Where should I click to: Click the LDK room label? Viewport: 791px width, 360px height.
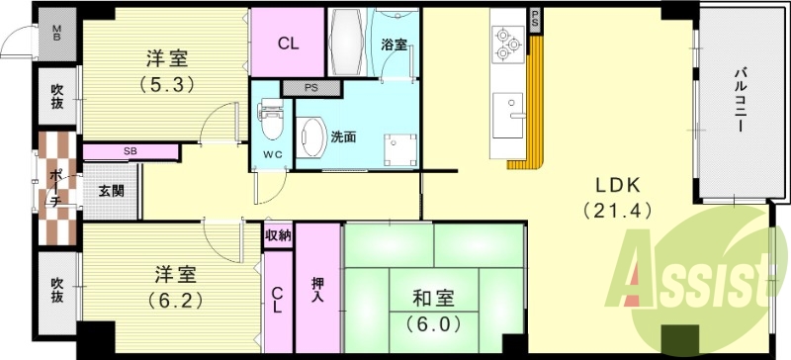pyautogui.click(x=618, y=185)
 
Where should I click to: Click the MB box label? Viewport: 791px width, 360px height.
pyautogui.click(x=56, y=34)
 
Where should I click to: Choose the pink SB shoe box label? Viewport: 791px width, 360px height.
pyautogui.click(x=131, y=151)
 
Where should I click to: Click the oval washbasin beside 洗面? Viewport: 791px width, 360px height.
pyautogui.click(x=311, y=138)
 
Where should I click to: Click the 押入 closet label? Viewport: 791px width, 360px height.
pyautogui.click(x=317, y=290)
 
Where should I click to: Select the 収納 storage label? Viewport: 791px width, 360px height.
pyautogui.click(x=278, y=235)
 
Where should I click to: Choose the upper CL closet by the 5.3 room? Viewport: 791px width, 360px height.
pyautogui.click(x=288, y=44)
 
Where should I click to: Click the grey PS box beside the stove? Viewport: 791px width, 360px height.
pyautogui.click(x=535, y=18)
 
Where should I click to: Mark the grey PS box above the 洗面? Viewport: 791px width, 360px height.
pyautogui.click(x=310, y=87)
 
